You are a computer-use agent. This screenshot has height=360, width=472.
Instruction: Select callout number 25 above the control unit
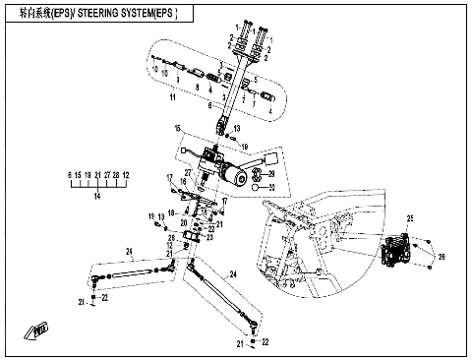point(411,216)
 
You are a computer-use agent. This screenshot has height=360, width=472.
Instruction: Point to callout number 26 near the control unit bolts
point(440,258)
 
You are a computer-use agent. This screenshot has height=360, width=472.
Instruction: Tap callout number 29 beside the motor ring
point(272,173)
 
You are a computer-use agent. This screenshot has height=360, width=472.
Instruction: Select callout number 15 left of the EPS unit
point(178,129)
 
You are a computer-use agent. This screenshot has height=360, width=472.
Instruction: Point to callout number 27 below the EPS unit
point(189,172)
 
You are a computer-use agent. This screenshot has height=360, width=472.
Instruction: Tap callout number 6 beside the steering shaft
point(209,103)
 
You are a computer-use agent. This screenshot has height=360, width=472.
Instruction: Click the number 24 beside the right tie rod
point(233,272)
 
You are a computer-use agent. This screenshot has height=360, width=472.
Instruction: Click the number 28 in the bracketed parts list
point(115,173)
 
